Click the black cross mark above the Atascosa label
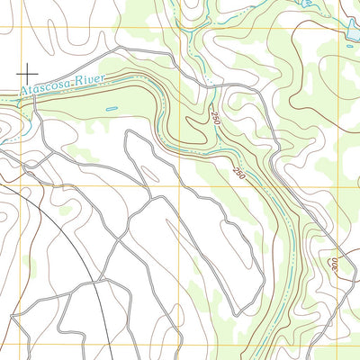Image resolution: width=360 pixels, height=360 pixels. pyautogui.click(x=28, y=70)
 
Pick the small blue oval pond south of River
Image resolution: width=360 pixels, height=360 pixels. pyautogui.click(x=111, y=110)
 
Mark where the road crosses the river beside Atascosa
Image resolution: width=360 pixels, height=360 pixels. pyautogui.click(x=33, y=96)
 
